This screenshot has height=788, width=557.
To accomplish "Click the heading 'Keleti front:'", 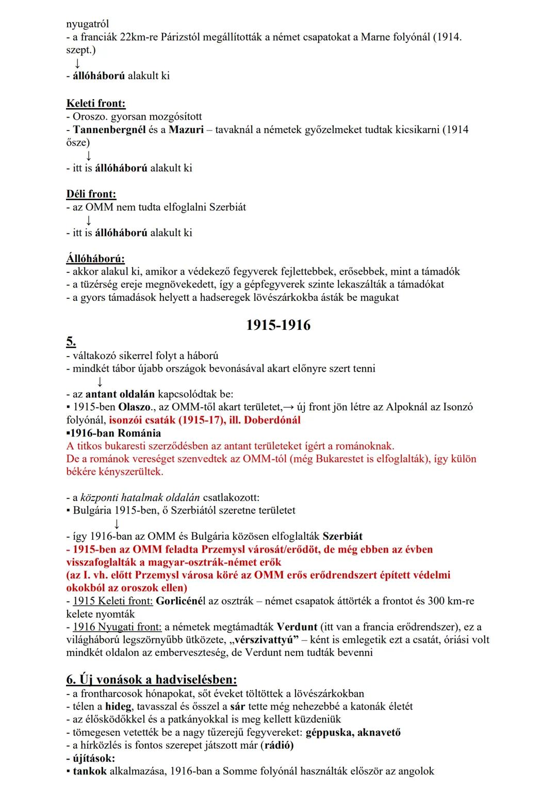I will [96, 103].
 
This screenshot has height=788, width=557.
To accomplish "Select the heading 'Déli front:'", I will [91, 194].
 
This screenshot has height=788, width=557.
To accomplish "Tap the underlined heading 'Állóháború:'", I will [95, 258].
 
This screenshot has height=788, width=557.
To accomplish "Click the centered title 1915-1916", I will [278, 325].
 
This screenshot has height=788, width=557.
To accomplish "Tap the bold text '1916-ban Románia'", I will [115, 433].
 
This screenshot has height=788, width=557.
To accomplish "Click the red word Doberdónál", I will [272, 420].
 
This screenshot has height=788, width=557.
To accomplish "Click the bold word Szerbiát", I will [342, 536].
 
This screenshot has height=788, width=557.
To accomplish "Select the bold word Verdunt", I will [297, 627].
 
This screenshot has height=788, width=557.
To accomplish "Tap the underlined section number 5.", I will [71, 341].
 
